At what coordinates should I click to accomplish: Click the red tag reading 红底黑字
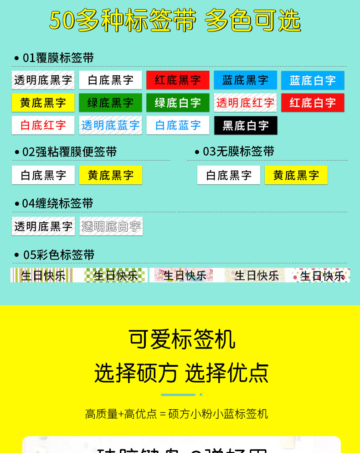[178, 80]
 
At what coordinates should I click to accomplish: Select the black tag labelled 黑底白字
[246, 125]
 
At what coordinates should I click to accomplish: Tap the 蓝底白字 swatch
[313, 80]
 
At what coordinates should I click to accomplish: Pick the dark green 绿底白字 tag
[178, 103]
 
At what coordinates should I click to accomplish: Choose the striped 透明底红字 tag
[245, 103]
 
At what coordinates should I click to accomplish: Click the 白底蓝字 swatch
[178, 125]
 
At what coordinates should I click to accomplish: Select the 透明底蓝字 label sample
[110, 125]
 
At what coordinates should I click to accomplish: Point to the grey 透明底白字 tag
[111, 226]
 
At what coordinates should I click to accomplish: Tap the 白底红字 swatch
[43, 125]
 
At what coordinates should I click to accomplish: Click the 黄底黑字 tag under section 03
[296, 175]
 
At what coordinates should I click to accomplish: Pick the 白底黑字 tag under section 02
[43, 175]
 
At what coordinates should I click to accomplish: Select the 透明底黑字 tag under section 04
[43, 226]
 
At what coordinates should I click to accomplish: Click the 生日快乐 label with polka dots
[321, 276]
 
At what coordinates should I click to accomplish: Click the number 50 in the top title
[62, 21]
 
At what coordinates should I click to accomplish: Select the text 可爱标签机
[181, 339]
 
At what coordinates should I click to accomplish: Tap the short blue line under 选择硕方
[178, 395]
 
